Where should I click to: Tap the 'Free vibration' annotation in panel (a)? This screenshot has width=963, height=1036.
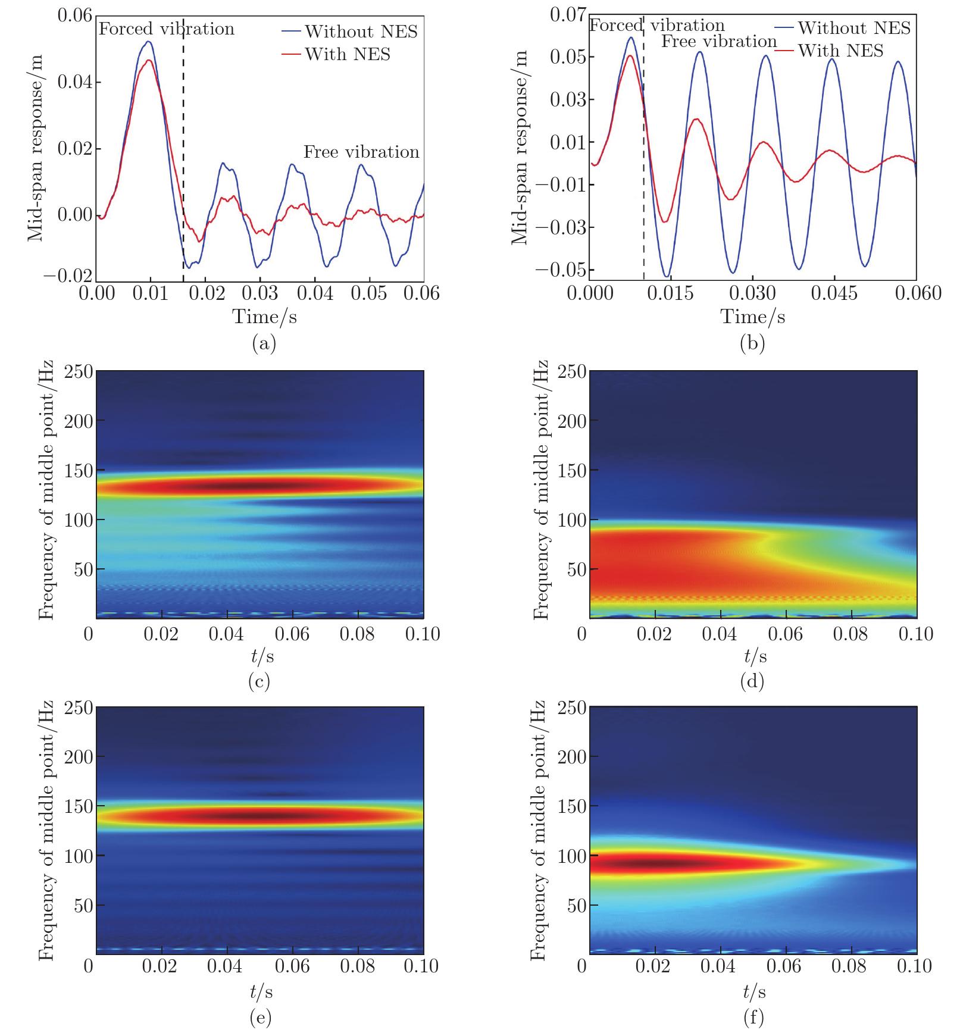click(361, 152)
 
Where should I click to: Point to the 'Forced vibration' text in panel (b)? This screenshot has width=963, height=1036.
click(657, 26)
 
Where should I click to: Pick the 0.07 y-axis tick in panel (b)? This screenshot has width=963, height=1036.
click(568, 15)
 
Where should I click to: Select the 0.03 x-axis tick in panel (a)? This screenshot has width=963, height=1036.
click(259, 294)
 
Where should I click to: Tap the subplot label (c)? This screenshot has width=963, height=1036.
click(259, 681)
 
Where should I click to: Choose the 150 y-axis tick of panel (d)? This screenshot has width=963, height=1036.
click(570, 471)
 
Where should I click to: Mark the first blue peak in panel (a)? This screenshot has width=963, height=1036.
click(148, 42)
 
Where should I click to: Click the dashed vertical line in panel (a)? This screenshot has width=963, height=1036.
click(183, 149)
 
